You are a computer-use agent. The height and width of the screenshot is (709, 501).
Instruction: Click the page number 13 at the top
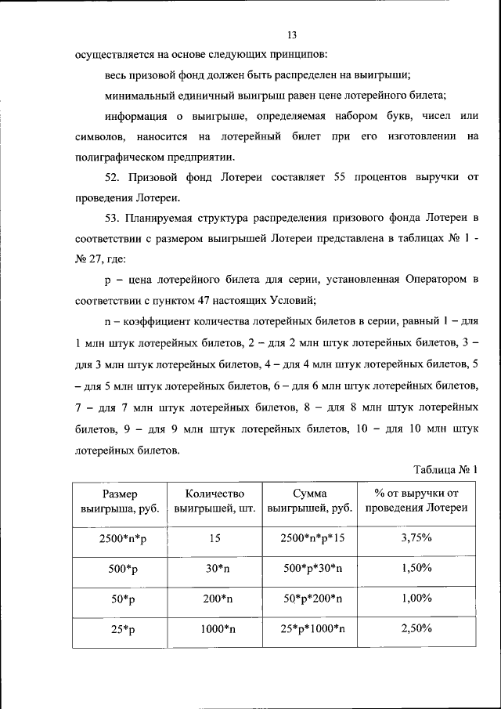(x=292, y=35)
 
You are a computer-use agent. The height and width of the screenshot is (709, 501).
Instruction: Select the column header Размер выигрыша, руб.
(x=120, y=501)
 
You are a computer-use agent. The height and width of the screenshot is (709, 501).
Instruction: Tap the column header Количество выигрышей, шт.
(x=215, y=501)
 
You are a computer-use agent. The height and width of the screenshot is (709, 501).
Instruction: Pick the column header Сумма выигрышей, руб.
(x=310, y=501)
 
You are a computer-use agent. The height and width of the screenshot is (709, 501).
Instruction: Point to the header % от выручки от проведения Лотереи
(x=416, y=501)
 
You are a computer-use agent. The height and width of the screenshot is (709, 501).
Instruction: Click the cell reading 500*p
(x=120, y=569)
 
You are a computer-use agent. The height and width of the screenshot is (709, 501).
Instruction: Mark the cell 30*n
(x=216, y=569)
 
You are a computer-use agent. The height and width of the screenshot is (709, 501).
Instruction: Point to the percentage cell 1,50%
(x=416, y=569)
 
